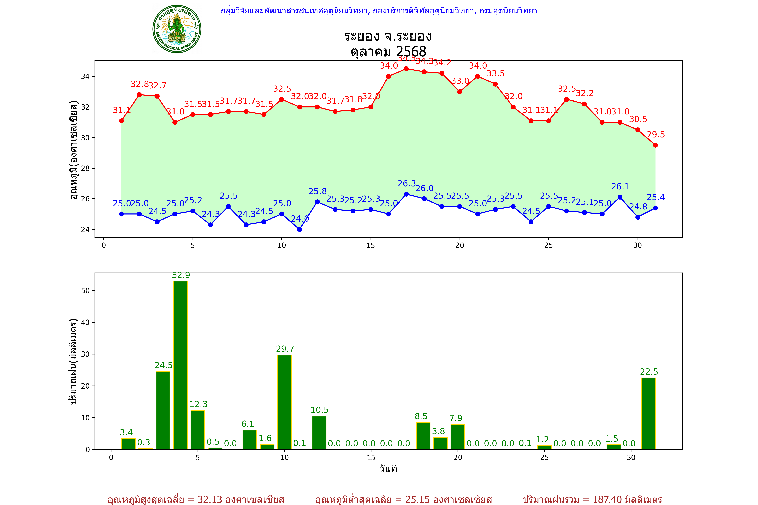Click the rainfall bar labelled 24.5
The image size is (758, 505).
pos(163,410)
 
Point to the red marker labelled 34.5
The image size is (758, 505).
pos(406,69)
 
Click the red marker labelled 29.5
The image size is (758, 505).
pos(656,145)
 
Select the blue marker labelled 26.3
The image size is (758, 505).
pos(406,194)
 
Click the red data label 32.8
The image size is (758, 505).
pos(139,84)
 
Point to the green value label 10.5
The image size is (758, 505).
pos(319,410)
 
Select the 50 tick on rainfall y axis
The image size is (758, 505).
pos(85,291)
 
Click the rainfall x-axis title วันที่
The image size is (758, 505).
pos(388,469)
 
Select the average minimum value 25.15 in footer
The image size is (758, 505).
pos(417,499)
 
